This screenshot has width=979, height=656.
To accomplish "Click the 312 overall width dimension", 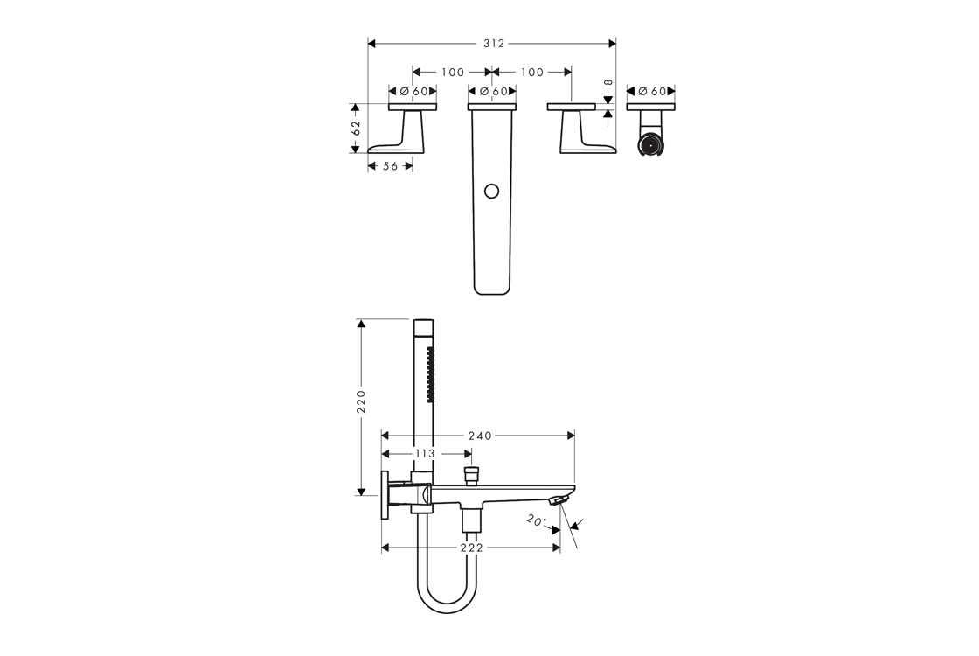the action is coord(494,44).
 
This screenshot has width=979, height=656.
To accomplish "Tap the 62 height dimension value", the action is coord(356,128).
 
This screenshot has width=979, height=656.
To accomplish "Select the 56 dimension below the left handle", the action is coord(390,166).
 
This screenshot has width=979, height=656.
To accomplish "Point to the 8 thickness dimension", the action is coord(608,82).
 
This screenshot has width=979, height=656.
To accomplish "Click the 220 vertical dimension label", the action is coord(361,401).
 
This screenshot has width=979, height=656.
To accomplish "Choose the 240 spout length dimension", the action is coord(480,436).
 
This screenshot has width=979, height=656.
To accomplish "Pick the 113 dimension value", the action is coord(424,454).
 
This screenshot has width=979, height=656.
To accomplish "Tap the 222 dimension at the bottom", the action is coord(471,548).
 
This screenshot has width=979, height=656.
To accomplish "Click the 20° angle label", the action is coord(536,520).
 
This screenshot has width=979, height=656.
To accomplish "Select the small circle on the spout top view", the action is coord(492,192).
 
